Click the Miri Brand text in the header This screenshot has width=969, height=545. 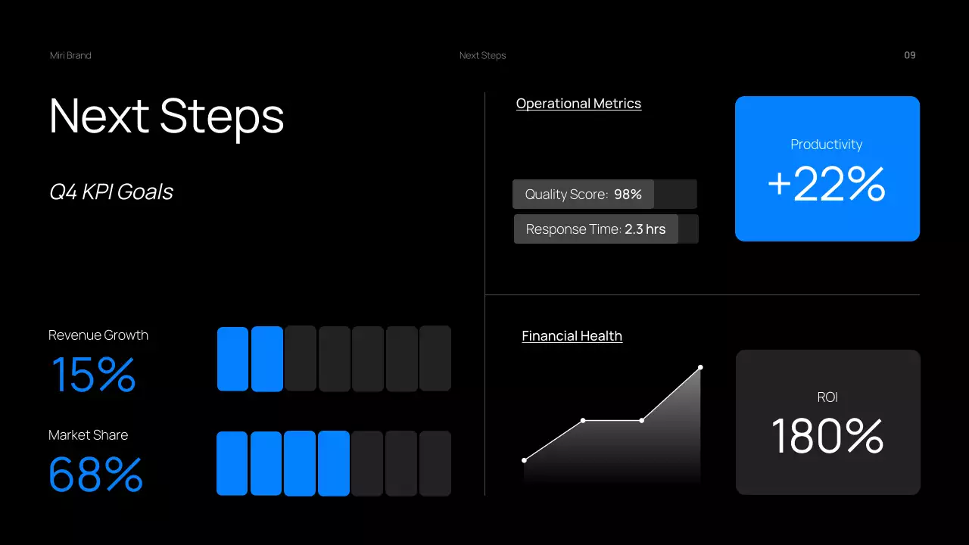70,55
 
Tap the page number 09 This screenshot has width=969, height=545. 910,55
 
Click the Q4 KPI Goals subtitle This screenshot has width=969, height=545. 111,192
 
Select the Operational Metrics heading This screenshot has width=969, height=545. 578,104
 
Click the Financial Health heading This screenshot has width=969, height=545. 572,336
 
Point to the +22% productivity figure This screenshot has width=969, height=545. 826,184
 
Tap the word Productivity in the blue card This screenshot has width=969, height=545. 826,145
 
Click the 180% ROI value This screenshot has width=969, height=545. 827,437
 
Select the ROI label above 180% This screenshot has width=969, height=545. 827,397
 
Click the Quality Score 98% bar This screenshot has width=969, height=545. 583,195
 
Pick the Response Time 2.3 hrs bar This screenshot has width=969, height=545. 596,229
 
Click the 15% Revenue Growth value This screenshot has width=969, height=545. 93,375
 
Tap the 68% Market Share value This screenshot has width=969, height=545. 95,474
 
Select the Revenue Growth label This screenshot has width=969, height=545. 98,335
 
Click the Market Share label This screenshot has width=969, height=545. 88,435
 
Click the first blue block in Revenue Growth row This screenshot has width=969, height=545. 232,359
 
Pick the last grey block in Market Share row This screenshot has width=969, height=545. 435,463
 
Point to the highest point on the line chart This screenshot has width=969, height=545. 700,367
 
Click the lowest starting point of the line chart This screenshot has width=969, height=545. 524,459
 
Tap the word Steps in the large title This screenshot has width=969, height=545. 222,117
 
